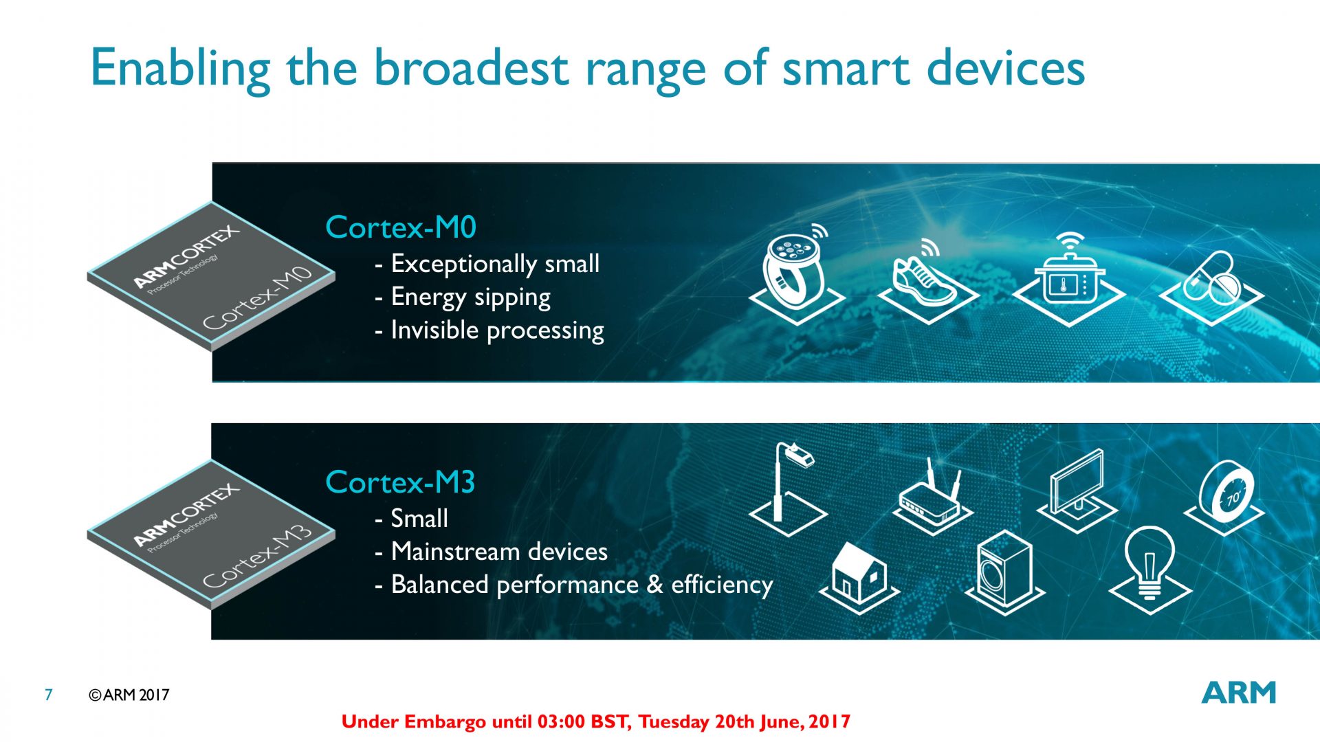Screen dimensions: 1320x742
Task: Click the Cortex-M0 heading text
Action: pos(401,227)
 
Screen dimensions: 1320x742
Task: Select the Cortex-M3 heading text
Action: pos(400,482)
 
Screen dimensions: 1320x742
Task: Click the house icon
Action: pos(859,578)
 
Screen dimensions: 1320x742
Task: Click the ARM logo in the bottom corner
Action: pos(1239,693)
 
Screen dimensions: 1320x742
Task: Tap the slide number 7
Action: pos(48,695)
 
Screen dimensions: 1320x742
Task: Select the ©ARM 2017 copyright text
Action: pos(129,695)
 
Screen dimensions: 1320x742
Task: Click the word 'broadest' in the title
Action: pos(471,68)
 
